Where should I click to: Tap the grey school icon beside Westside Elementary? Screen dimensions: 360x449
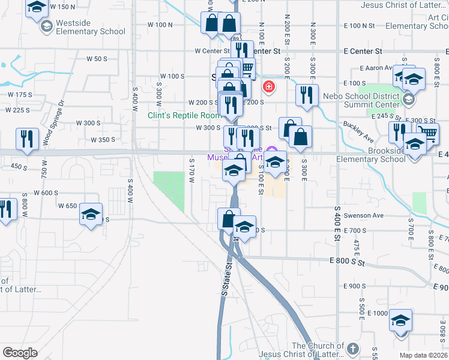[x=46, y=26]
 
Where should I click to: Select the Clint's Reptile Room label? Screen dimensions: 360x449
[x=185, y=115]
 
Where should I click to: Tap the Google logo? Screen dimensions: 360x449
[x=20, y=353]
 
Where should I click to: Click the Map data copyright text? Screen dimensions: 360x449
[x=423, y=355]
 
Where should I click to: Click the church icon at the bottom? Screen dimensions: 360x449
[x=353, y=349]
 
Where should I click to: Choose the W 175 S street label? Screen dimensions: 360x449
[x=19, y=95]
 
